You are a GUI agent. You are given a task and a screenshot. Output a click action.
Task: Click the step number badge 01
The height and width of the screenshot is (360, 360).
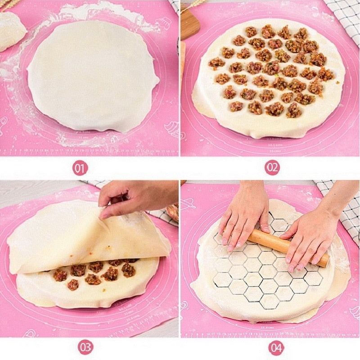point(80,168)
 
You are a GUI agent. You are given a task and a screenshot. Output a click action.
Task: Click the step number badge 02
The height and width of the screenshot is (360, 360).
point(272,168)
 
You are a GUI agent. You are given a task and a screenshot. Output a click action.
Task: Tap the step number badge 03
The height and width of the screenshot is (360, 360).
point(85,347)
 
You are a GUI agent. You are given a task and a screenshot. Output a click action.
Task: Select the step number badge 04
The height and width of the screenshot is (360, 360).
point(276,347)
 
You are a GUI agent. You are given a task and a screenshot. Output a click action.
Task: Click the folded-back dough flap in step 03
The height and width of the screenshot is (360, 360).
point(85,238)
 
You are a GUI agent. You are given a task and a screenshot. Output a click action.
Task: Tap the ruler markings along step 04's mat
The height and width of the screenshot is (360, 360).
point(270,333)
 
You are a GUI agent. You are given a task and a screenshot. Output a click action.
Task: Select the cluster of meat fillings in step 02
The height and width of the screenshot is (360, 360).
point(270,70)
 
